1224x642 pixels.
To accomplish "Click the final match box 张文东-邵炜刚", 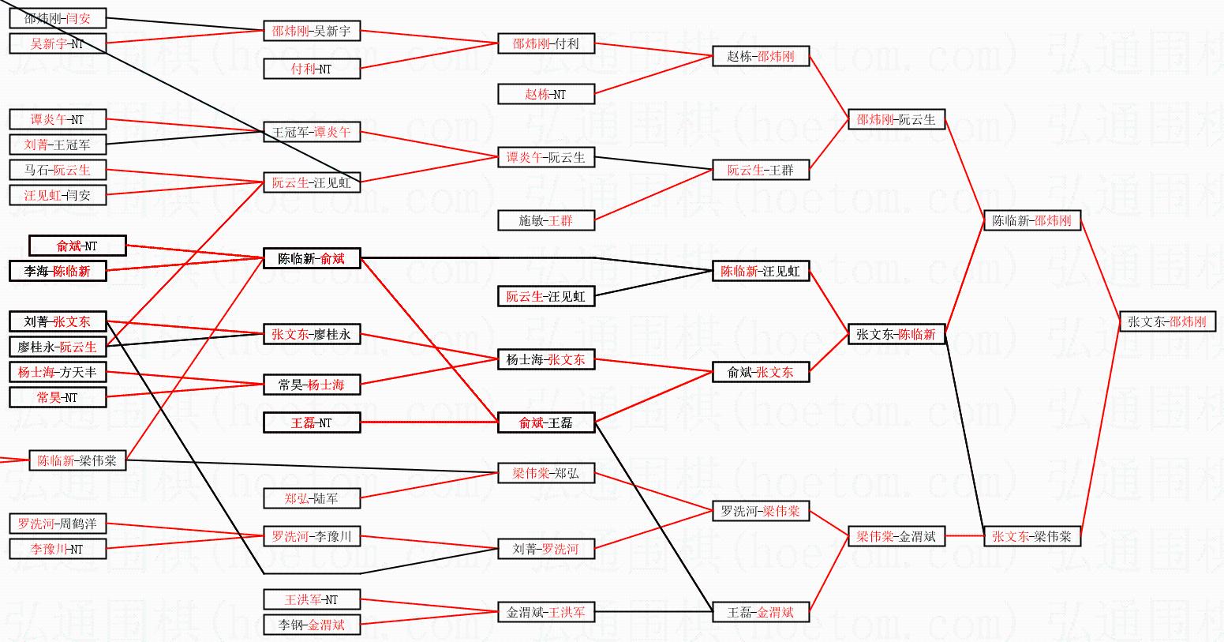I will coord(1167,321).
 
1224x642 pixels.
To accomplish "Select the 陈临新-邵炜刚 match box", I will coord(1031,220).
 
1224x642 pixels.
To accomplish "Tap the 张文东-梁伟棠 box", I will coord(1031,536).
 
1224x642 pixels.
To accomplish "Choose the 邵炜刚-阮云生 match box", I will coord(896,119).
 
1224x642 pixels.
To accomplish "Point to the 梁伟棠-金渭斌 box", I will coord(896,536).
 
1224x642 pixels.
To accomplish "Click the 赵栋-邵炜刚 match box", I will coord(761,56).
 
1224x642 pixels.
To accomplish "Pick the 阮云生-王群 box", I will coord(761,170).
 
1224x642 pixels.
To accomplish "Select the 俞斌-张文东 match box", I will coord(761,372).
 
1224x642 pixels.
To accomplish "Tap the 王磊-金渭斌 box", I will coord(761,612).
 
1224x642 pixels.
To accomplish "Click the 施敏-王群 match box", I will coord(545,220).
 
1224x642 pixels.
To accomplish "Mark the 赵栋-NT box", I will coord(545,94).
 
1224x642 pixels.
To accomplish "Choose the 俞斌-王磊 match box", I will coord(545,422).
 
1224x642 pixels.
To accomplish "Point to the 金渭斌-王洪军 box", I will coord(545,612).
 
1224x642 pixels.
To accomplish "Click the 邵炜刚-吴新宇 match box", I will coord(311,31).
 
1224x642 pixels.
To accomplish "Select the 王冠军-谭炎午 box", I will coord(311,132).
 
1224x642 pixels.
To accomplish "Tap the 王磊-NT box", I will coord(311,422).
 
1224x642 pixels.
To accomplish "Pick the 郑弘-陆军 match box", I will coord(311,498).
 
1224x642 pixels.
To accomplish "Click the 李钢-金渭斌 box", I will coord(311,625).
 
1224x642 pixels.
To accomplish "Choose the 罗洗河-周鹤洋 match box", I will coord(58,524).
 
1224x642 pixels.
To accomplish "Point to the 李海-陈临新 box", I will coord(58,271).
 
